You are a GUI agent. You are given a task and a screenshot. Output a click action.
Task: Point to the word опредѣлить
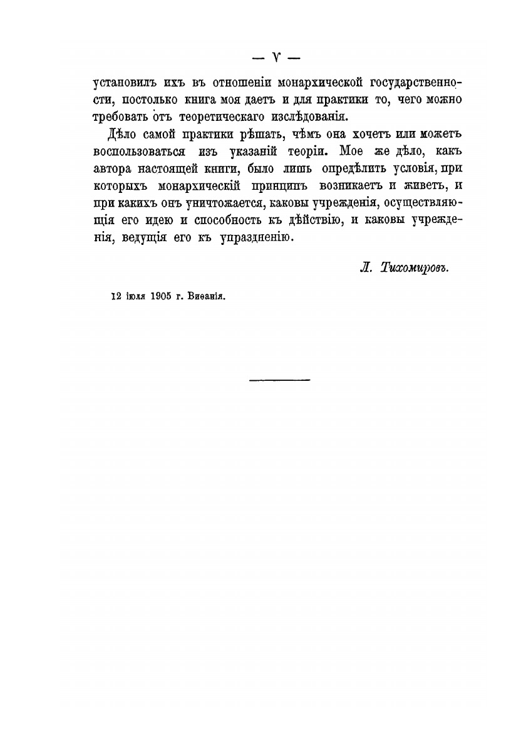[x=357, y=169]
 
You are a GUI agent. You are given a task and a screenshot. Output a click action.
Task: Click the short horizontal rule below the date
[x=279, y=378]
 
